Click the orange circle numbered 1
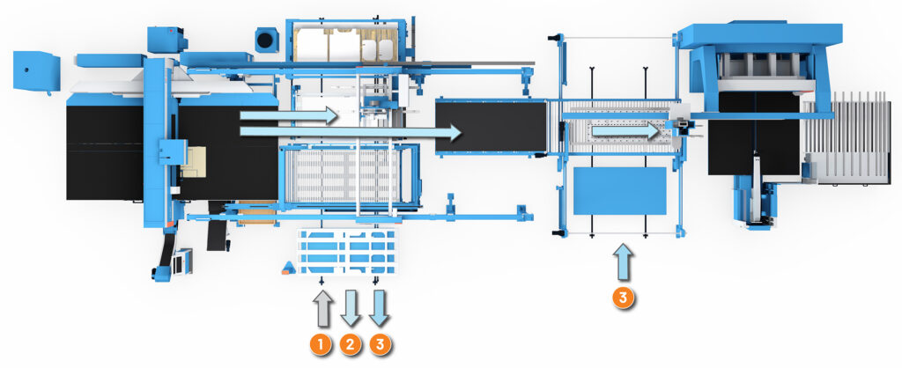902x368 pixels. [322, 343]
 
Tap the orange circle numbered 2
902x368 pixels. [351, 343]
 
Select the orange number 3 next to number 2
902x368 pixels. [380, 343]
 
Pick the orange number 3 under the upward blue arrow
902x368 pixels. [623, 297]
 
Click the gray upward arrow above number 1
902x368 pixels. [322, 308]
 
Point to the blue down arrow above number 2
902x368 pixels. [351, 306]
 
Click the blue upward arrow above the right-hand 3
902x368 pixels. [623, 263]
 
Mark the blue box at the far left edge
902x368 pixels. [36, 67]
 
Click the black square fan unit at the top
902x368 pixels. [265, 39]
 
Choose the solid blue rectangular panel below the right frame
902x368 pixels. [619, 191]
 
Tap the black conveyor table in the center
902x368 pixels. [490, 125]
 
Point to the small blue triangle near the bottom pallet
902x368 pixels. [288, 267]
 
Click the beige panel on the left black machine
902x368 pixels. [194, 162]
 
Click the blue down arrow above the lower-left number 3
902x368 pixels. [380, 306]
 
